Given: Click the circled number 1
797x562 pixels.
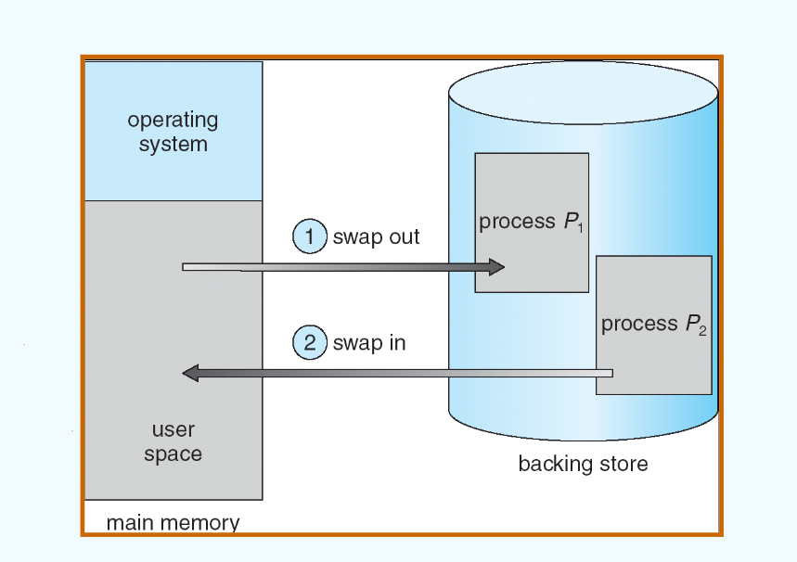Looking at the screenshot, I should pos(308,236).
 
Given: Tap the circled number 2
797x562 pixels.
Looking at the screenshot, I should pos(308,343).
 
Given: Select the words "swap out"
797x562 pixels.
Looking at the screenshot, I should pos(376,237).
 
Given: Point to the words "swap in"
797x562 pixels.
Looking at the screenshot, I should pos(369,343).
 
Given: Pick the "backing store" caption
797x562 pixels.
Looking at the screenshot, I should pos(583,463).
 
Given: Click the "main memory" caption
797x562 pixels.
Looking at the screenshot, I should pos(173,522).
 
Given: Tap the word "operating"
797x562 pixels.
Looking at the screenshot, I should pos(173,121).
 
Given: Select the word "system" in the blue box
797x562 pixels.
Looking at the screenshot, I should pos(173,145).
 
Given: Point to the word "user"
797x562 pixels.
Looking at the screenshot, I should pos(173,430).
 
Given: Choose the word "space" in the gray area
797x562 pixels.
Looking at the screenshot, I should pos(173,454).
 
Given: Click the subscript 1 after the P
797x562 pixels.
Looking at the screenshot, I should pos(580,228).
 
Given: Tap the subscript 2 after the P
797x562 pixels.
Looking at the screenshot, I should pos(703,330).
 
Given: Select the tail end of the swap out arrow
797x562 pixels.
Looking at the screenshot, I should pos(186,267).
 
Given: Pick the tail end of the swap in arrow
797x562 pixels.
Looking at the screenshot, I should pos(609,373).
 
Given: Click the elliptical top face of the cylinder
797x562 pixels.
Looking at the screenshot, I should pos(583,93).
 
